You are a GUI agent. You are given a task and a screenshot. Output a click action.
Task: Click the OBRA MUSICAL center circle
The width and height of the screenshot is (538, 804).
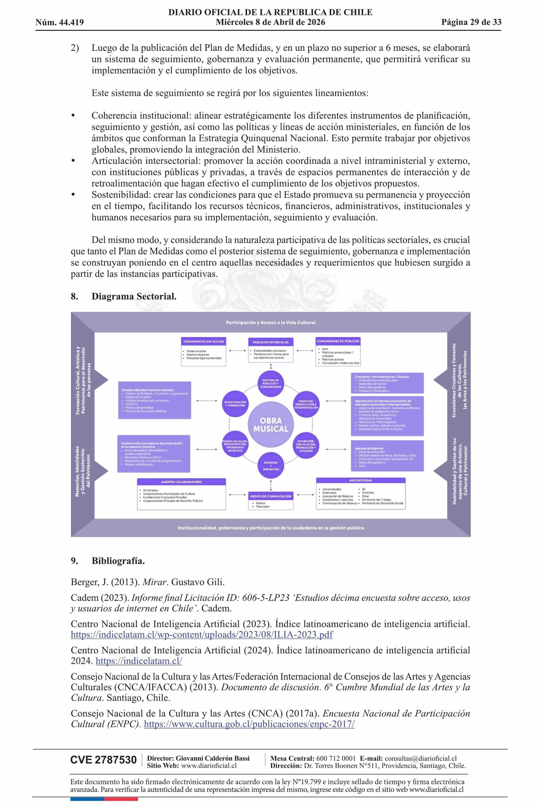click(x=271, y=424)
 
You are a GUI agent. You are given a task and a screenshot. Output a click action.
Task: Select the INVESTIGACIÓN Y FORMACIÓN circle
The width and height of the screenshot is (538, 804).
click(x=235, y=404)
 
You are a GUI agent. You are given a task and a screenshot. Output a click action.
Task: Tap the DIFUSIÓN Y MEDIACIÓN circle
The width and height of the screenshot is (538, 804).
click(x=271, y=466)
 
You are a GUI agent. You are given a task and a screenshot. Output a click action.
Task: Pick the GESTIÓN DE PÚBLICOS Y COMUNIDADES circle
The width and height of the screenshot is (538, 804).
click(x=271, y=383)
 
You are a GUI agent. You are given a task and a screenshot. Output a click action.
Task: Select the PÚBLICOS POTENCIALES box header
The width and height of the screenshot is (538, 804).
click(x=271, y=342)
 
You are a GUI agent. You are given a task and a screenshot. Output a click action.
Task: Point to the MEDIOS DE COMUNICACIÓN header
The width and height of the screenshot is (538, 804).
click(x=271, y=496)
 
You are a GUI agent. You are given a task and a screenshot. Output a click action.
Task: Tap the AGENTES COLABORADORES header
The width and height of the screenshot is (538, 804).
click(x=182, y=482)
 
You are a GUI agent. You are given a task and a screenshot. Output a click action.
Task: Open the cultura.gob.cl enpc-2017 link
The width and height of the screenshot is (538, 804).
click(x=249, y=724)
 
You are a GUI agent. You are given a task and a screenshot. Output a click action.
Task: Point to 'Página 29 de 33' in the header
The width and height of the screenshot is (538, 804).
click(x=471, y=22)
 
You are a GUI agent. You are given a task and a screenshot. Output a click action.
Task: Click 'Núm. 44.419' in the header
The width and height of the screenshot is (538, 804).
click(x=60, y=23)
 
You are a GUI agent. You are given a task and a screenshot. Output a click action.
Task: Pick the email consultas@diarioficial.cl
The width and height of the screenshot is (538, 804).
click(x=420, y=759)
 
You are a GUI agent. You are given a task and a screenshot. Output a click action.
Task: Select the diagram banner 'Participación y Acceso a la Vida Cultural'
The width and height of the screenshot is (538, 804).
click(x=271, y=322)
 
